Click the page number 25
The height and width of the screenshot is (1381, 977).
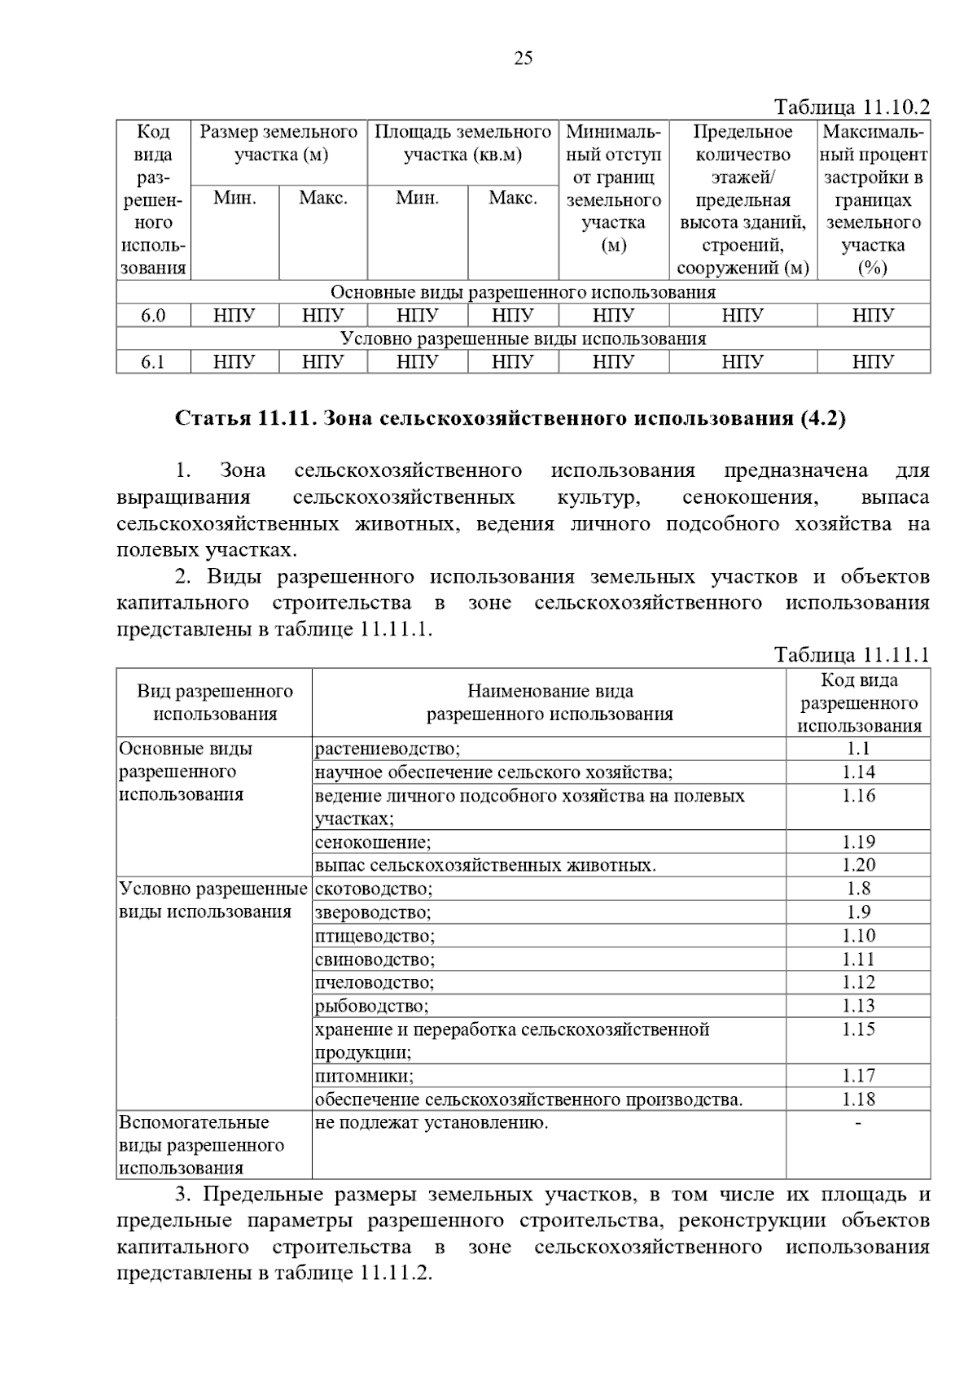coord(523,58)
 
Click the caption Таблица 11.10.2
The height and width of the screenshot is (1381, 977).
coord(852,107)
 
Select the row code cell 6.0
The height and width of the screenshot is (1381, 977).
coord(153,316)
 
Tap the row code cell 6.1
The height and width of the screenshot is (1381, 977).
coord(153,362)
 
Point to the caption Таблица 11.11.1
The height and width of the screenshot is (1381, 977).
coord(852,655)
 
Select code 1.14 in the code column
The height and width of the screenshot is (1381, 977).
coord(858,772)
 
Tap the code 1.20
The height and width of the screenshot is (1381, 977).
coord(858,865)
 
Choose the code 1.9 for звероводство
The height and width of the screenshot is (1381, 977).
coord(858,912)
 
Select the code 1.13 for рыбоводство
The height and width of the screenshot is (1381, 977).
coord(858,1006)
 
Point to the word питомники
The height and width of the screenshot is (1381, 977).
coord(364,1076)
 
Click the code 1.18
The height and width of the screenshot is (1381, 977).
coord(858,1099)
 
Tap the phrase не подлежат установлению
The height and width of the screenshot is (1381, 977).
coord(432,1123)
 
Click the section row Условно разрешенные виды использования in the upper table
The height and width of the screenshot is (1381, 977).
coord(523,339)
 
